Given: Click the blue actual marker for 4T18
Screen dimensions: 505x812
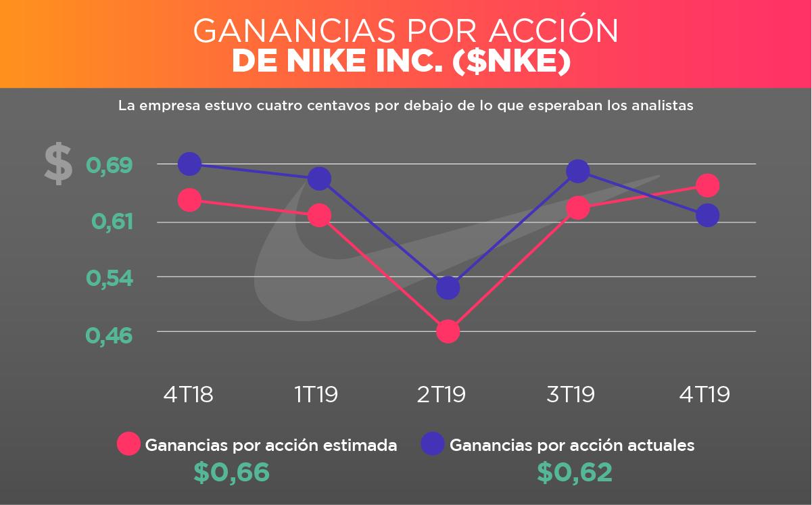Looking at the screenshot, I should (x=189, y=164).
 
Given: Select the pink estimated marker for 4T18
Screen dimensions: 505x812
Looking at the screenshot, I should (x=189, y=200).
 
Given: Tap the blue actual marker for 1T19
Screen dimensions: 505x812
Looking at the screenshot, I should (x=319, y=179).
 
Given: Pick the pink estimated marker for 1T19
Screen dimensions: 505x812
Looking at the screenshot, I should (x=319, y=216).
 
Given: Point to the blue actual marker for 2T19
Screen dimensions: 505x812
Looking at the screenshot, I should (x=448, y=288).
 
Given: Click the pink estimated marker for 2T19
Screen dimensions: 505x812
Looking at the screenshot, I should (x=448, y=331).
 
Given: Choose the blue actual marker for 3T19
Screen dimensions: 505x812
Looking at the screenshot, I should (x=577, y=171).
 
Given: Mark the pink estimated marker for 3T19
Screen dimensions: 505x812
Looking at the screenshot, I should (x=577, y=208).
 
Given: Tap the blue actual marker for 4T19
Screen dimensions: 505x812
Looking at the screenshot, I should (x=707, y=216).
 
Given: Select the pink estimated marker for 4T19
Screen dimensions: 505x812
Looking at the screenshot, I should (x=707, y=185).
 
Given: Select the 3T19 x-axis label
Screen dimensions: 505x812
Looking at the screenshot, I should (x=571, y=394).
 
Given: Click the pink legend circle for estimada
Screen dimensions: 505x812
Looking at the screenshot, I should (x=128, y=444).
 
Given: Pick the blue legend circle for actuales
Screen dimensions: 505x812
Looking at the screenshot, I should (x=433, y=444).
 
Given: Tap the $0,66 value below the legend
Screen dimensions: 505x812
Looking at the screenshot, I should (x=232, y=473).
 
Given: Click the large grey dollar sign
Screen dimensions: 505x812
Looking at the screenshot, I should (x=58, y=164).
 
